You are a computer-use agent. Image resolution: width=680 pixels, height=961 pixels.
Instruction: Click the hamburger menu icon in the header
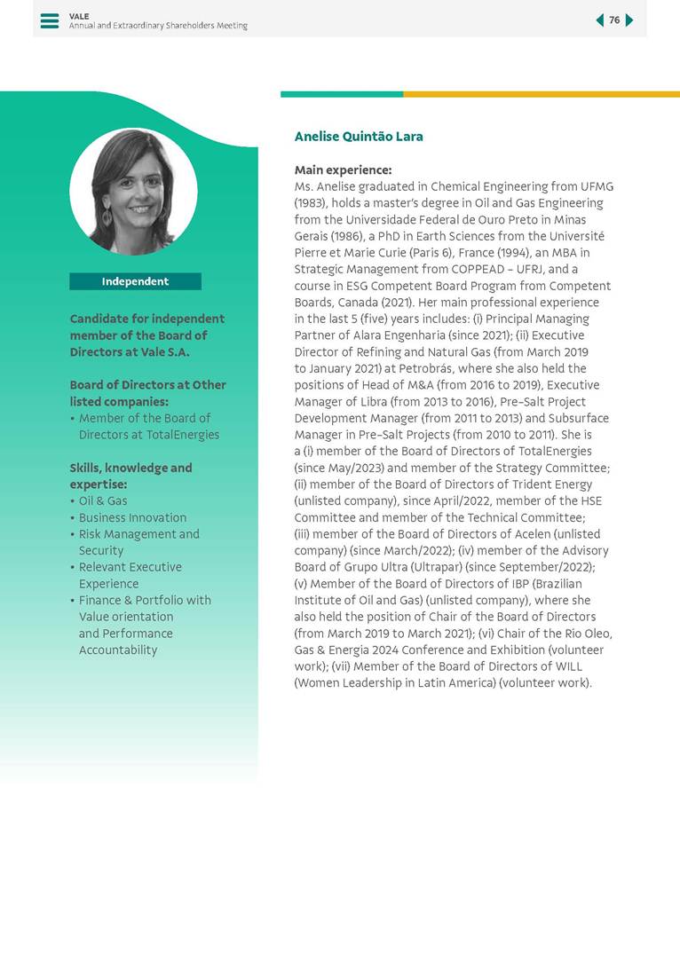click(x=50, y=20)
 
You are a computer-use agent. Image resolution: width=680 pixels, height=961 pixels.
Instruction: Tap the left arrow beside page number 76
click(x=599, y=20)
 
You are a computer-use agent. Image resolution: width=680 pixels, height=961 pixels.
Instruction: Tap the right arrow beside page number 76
click(x=629, y=20)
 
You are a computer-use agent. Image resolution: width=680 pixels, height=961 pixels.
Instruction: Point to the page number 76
click(x=614, y=20)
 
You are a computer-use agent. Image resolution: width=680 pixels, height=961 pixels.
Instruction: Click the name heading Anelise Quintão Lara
click(x=359, y=137)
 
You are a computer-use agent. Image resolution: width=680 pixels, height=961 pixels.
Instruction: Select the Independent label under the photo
click(x=135, y=281)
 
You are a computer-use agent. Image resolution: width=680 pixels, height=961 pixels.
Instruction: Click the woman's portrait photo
click(x=133, y=192)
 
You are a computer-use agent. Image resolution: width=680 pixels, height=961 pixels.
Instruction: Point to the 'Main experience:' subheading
click(x=343, y=169)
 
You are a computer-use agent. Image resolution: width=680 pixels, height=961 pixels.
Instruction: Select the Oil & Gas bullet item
click(x=103, y=501)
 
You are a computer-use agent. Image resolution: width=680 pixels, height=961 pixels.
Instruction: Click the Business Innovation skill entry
click(x=132, y=517)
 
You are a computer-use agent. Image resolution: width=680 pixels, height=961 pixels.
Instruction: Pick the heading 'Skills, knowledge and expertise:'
click(x=130, y=476)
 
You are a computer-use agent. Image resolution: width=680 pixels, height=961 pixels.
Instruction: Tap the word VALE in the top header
click(x=79, y=16)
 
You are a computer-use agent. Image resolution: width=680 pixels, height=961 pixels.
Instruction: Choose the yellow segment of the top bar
click(x=542, y=94)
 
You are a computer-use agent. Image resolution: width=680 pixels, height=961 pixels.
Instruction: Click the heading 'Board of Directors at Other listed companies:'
click(x=147, y=393)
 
